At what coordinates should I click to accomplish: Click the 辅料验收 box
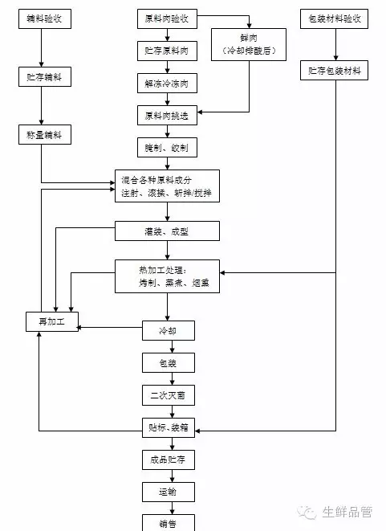click(x=45, y=19)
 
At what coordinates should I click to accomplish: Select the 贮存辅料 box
click(x=45, y=77)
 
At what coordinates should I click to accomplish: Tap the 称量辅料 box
click(x=45, y=135)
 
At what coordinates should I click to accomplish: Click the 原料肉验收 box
click(x=167, y=19)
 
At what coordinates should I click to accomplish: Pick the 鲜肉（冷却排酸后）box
click(x=249, y=45)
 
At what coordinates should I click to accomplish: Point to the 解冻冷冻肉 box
click(x=167, y=84)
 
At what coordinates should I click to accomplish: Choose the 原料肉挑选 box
click(x=167, y=116)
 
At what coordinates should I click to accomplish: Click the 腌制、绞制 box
click(x=167, y=148)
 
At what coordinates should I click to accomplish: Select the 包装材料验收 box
click(x=335, y=19)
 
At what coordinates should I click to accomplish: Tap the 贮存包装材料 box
click(x=335, y=71)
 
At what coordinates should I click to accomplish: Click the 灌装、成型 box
click(x=167, y=231)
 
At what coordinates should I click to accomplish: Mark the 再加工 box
click(x=52, y=321)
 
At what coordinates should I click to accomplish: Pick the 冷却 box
click(x=169, y=331)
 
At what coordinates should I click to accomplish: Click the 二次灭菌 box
click(x=169, y=395)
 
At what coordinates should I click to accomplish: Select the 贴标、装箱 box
click(x=169, y=427)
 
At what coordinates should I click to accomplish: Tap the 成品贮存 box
click(x=169, y=460)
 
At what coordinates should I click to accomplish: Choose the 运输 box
click(x=169, y=492)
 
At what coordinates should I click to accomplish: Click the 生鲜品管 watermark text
click(x=347, y=512)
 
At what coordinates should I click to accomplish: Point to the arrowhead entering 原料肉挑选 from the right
click(x=200, y=112)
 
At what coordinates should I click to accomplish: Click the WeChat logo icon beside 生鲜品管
click(x=307, y=513)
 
